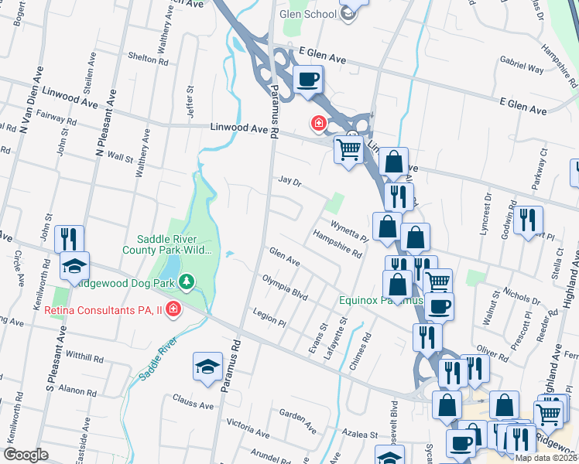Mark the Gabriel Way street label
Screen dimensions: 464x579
pos(521,68)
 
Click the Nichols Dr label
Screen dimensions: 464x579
pos(521,295)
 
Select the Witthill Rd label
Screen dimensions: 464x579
pos(84,358)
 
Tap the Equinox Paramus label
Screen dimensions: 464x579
pos(379,300)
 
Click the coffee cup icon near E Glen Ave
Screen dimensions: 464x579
pos(308,79)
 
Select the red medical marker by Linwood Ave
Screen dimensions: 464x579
pos(317,122)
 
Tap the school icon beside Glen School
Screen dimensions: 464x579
pos(348,11)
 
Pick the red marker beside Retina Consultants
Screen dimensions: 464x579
pos(174,310)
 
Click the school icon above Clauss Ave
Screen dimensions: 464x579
pos(207,367)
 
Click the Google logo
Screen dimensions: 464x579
pos(26,455)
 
